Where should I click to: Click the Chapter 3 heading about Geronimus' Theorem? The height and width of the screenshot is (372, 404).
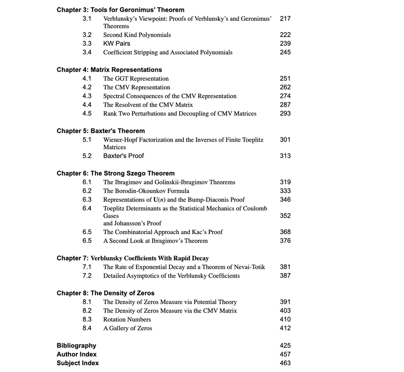(120, 10)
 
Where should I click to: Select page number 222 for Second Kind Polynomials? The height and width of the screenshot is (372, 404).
(285, 35)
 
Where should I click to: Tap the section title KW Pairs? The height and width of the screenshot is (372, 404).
(117, 44)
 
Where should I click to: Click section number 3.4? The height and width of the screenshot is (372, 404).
(87, 52)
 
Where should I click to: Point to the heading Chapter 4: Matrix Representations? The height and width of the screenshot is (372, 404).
(109, 70)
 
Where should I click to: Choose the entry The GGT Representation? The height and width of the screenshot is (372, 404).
(136, 78)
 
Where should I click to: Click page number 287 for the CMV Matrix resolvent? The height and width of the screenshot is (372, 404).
(285, 105)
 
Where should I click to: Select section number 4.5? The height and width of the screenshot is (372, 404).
(87, 113)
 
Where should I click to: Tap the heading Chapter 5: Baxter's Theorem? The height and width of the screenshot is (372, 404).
(101, 131)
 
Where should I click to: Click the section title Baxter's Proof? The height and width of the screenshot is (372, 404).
(123, 156)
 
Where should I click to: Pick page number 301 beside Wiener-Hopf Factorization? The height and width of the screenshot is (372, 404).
(285, 140)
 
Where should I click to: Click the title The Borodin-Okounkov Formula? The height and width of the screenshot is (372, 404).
(146, 191)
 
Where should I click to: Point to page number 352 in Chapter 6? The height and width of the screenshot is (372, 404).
(285, 216)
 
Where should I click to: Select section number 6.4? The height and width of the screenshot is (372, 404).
(87, 208)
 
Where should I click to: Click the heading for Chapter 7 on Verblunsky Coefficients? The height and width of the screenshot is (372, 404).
(133, 258)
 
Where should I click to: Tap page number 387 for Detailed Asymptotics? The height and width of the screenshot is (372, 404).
(285, 276)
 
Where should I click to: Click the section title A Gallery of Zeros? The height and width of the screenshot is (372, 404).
(128, 328)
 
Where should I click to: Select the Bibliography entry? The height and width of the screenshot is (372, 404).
(76, 346)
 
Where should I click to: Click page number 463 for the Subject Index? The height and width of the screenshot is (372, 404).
(285, 363)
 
